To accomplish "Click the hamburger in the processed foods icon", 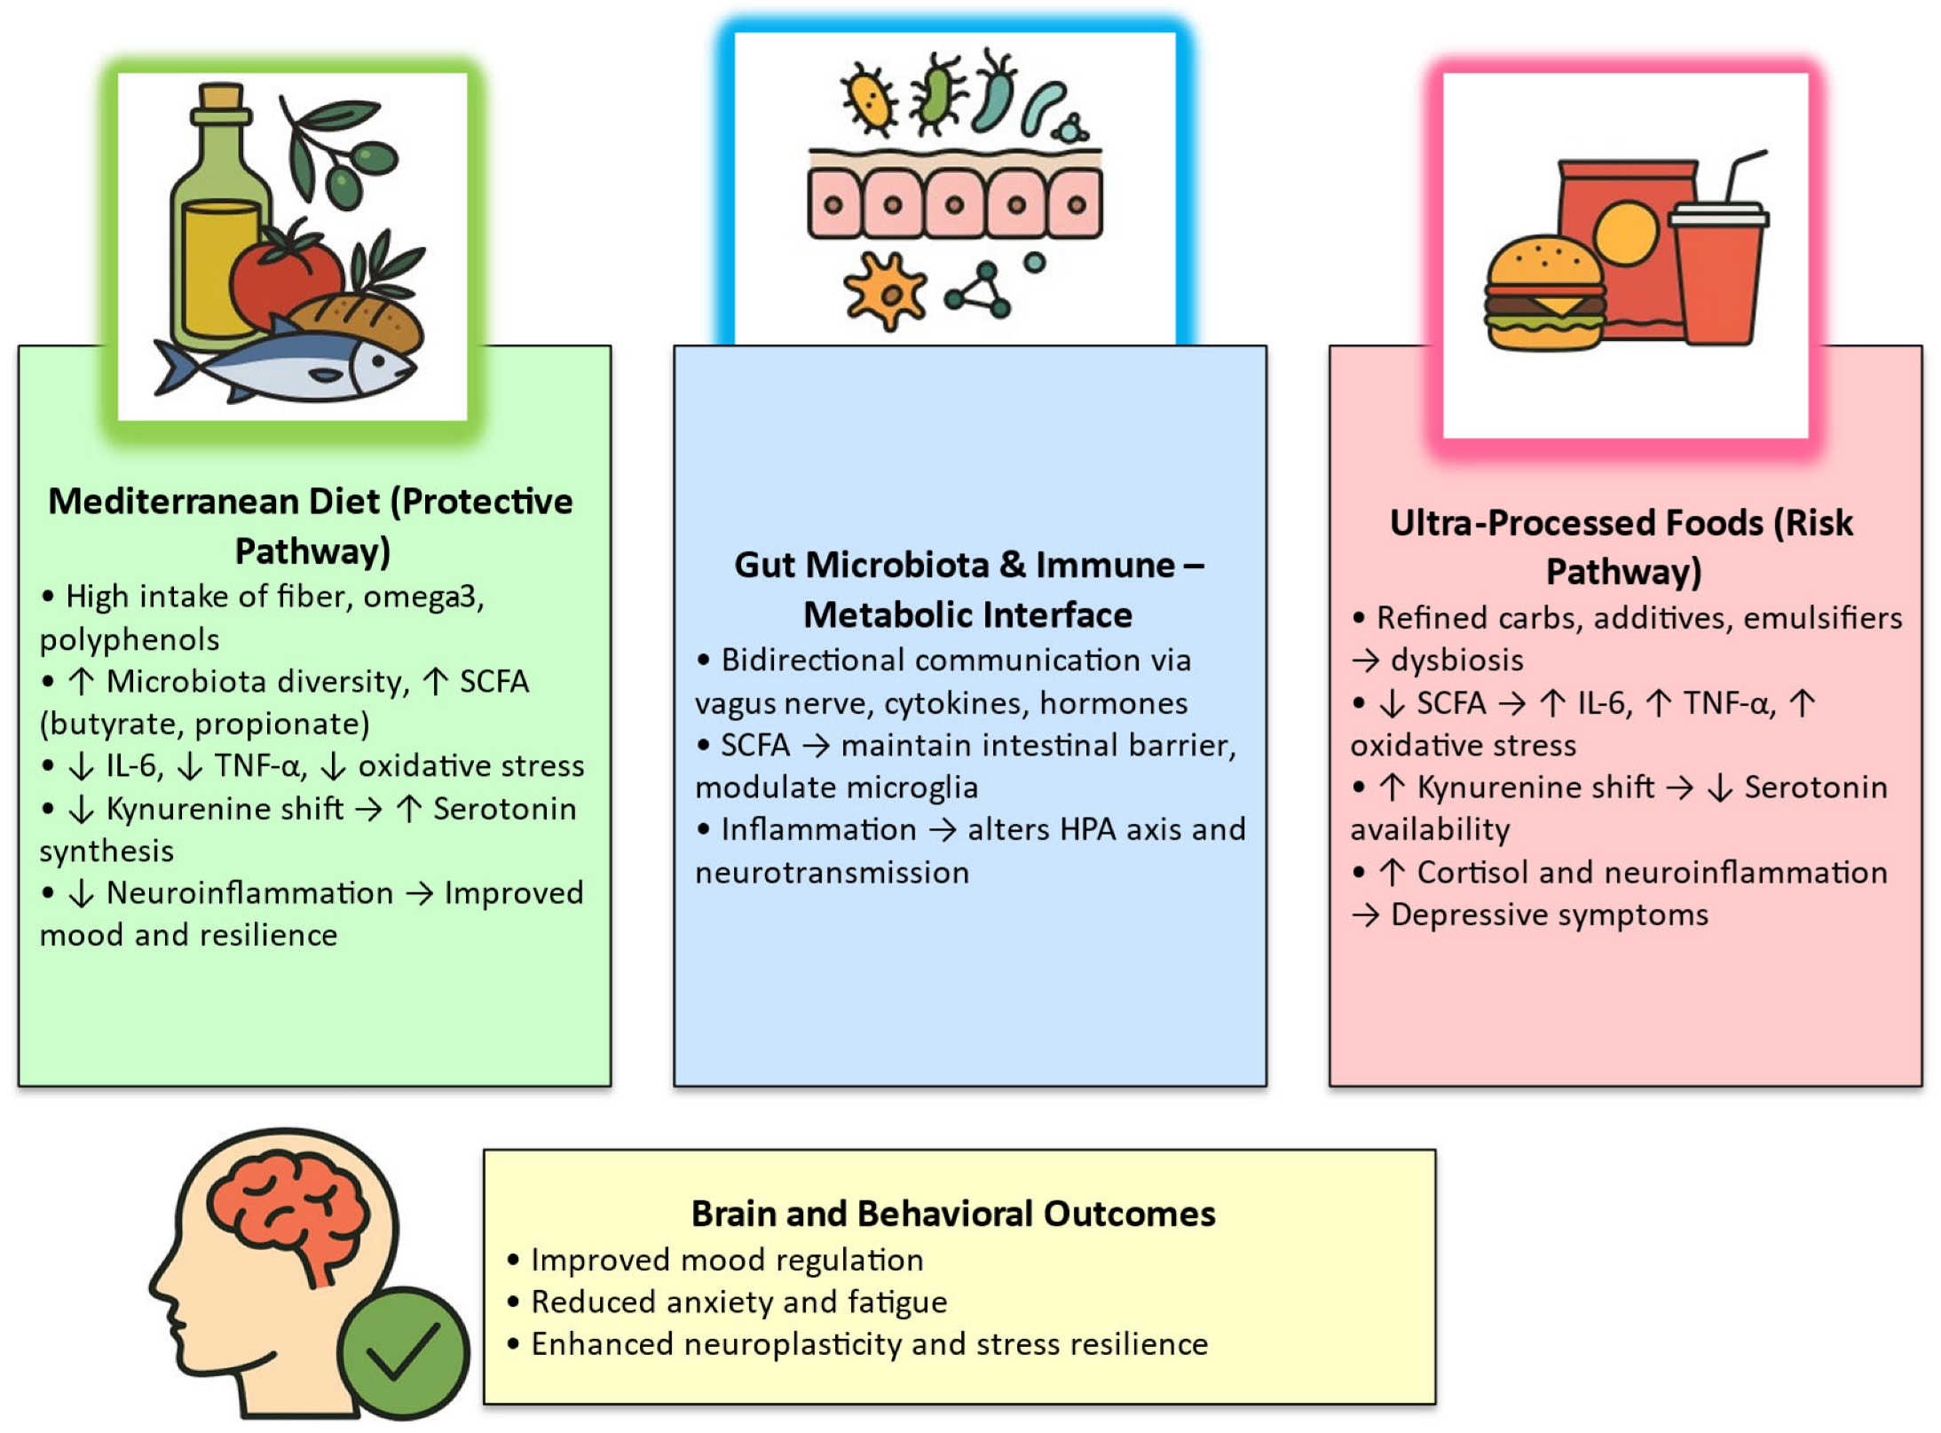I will click(x=1544, y=293).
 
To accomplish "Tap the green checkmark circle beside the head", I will click(x=404, y=1352).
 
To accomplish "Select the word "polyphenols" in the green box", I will click(x=130, y=639).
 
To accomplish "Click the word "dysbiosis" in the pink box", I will click(x=1456, y=660).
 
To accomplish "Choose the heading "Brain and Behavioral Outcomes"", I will click(x=952, y=1213).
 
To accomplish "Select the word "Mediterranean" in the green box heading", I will click(x=214, y=502).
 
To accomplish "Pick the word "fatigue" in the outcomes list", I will click(x=897, y=1302).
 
